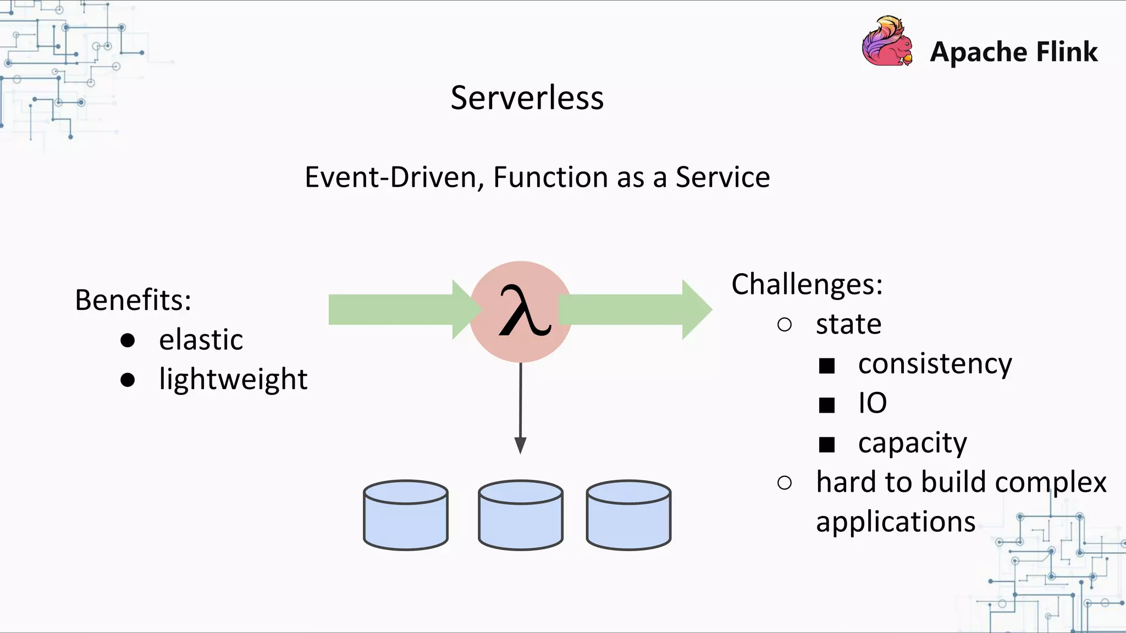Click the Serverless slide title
(527, 98)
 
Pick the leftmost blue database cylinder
(406, 517)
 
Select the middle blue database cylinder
(520, 517)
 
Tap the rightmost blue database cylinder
(628, 517)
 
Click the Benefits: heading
(133, 301)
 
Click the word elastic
(201, 340)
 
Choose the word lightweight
(233, 380)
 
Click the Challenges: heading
(807, 285)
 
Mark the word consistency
(935, 364)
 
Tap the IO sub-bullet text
(873, 403)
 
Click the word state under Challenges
(848, 324)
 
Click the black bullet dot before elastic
(128, 341)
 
